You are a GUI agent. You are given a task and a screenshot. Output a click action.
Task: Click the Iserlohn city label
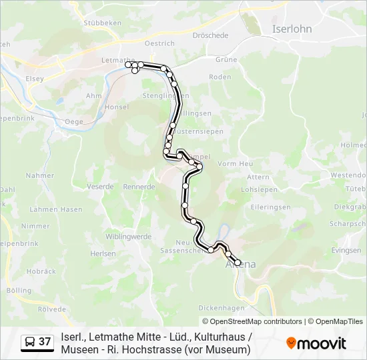[x=292, y=29]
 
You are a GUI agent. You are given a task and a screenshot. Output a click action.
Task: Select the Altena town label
[x=242, y=265]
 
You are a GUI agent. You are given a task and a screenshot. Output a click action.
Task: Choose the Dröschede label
[x=210, y=35]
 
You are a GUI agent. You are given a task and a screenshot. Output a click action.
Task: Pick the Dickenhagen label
[x=222, y=308]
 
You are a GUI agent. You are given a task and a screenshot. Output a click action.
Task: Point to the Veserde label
[x=100, y=187]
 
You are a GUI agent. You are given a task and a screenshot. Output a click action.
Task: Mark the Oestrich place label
[x=159, y=43]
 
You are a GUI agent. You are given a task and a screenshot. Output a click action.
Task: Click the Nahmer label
[x=40, y=175]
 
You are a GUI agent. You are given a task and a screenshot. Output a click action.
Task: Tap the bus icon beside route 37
[x=30, y=342]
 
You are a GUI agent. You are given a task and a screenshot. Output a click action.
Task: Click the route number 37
[x=45, y=342]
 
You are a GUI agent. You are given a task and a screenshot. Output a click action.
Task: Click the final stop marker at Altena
[x=238, y=263]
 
